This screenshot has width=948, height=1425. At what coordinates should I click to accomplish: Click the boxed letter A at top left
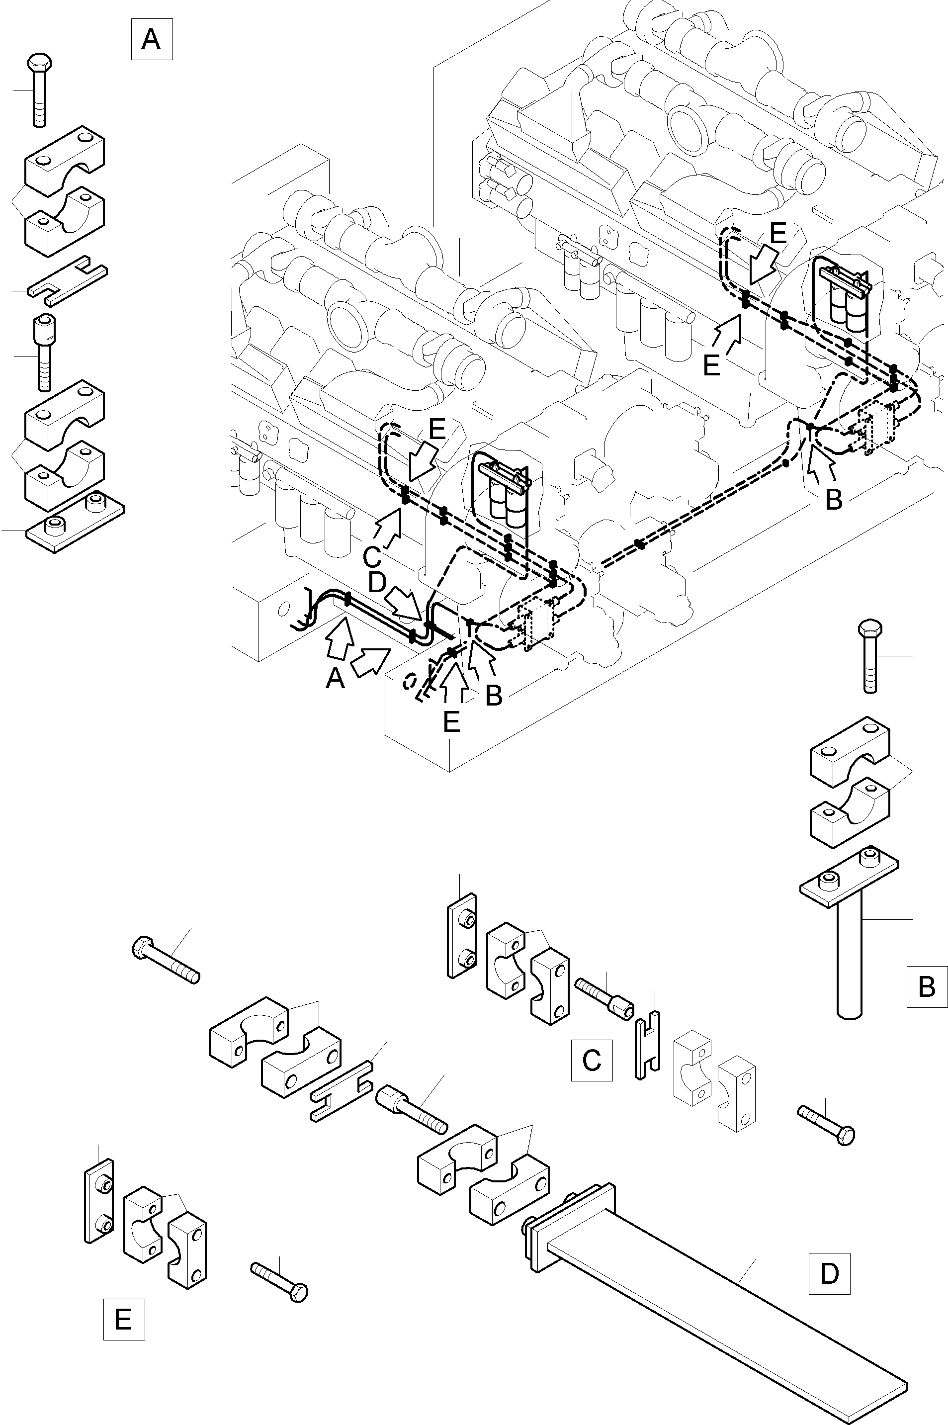pos(151,40)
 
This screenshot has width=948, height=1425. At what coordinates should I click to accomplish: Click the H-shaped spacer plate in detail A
pos(68,281)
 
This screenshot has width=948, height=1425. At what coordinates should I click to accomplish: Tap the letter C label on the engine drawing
pos(372,555)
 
